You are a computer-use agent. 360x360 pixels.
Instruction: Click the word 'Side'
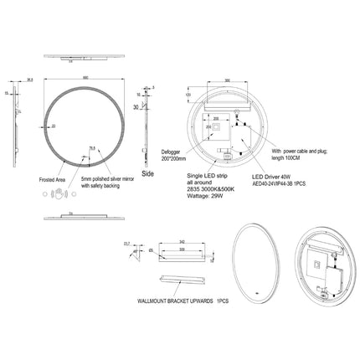click(148, 173)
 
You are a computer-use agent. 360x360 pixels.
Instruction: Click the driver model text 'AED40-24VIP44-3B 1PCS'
click(281, 186)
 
